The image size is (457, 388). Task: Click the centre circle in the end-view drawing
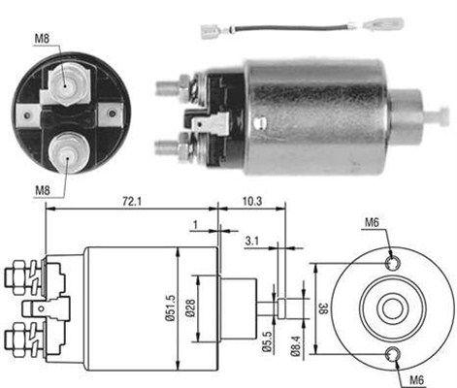(x=392, y=308)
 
